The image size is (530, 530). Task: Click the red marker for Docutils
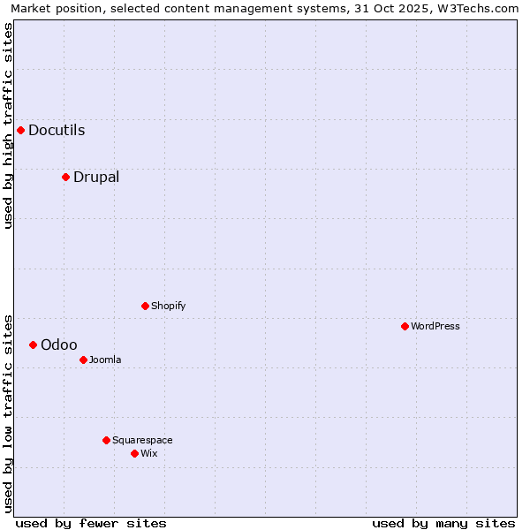[20, 131]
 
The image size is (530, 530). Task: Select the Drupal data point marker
[65, 177]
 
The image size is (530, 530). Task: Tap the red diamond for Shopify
[145, 306]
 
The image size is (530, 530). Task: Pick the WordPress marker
[405, 326]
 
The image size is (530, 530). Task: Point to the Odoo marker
[33, 344]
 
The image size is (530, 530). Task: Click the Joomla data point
[83, 360]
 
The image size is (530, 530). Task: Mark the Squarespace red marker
[106, 440]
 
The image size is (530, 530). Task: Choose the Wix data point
[134, 453]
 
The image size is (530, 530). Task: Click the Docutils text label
[57, 131]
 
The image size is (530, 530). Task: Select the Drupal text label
[96, 177]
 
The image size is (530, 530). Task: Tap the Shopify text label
[168, 306]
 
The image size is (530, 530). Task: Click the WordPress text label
[435, 326]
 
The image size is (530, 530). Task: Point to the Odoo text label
[59, 344]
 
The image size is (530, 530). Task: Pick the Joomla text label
[105, 360]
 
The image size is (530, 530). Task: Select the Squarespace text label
[142, 440]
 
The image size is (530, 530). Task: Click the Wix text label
[149, 453]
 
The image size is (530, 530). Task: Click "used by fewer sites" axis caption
[91, 523]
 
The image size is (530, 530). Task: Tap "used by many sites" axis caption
[443, 523]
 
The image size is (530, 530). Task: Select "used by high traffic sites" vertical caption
[8, 125]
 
